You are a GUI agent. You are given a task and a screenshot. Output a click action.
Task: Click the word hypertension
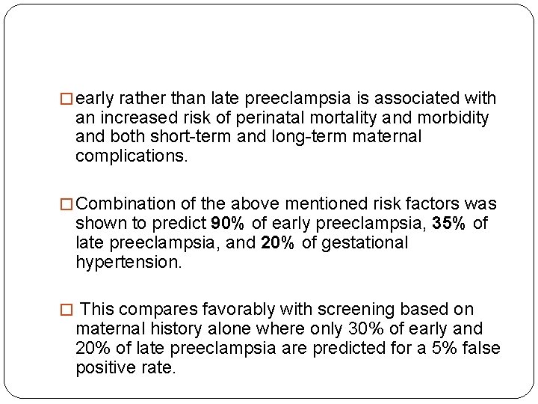click(x=128, y=262)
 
